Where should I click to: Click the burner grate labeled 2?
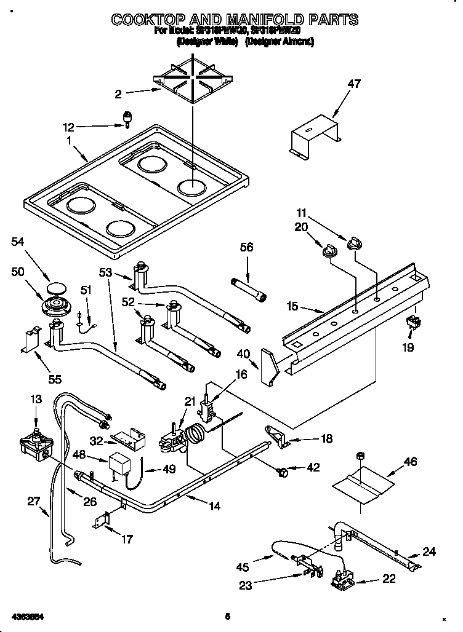[191, 79]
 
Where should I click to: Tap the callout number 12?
[68, 127]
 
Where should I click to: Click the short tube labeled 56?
[249, 289]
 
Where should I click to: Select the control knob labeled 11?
[353, 244]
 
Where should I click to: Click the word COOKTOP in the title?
[157, 20]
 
